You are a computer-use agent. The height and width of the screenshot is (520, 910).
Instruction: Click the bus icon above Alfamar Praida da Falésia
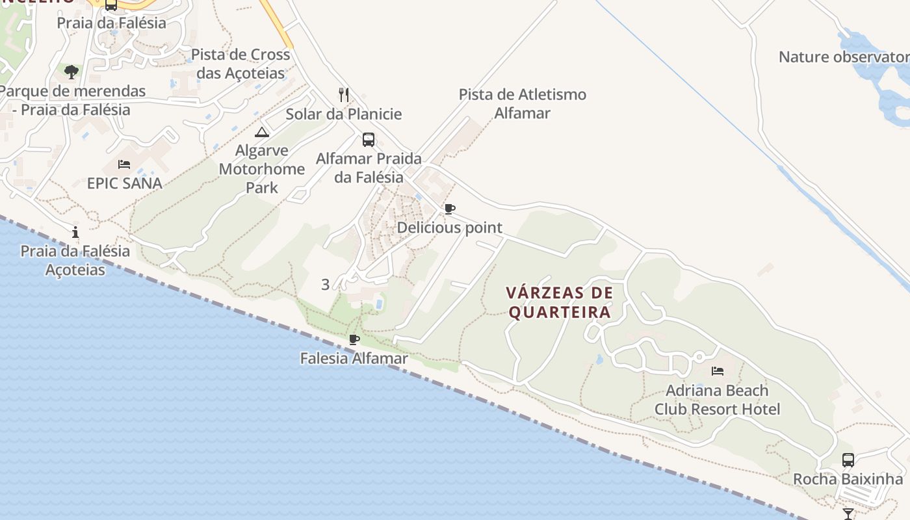(x=368, y=140)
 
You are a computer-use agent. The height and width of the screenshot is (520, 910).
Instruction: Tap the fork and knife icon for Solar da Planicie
(x=344, y=95)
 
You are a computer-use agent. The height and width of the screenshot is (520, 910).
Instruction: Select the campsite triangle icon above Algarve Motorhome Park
(x=262, y=133)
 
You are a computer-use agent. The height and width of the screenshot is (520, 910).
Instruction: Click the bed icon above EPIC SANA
(x=124, y=164)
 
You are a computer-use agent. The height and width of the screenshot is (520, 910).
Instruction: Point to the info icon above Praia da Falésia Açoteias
(x=76, y=232)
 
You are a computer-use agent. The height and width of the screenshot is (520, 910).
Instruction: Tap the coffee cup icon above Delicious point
(x=449, y=209)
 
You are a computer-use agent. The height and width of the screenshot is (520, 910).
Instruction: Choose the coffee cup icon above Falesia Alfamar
(x=354, y=339)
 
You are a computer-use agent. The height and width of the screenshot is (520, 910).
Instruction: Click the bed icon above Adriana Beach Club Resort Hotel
(x=718, y=371)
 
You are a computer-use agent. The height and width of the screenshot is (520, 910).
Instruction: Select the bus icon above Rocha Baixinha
(x=848, y=460)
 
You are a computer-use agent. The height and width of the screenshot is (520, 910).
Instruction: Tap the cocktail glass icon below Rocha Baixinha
(x=848, y=513)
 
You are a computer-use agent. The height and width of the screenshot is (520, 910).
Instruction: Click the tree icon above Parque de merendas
(x=71, y=71)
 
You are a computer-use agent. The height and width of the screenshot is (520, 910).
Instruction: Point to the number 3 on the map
(x=326, y=284)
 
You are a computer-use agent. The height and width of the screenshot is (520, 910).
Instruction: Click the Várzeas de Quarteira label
(x=560, y=303)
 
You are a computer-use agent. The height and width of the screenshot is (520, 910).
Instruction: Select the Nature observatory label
(x=844, y=57)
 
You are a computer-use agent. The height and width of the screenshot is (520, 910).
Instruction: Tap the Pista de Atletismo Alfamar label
(x=523, y=104)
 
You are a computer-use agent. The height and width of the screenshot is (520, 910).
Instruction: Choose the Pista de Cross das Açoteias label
(x=240, y=64)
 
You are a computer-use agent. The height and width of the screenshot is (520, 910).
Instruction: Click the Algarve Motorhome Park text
(x=262, y=169)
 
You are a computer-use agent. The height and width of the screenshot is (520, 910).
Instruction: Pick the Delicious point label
(x=450, y=227)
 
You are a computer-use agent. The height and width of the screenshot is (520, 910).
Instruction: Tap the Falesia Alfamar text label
(x=354, y=358)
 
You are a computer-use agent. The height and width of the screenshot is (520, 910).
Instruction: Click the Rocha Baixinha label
(x=848, y=479)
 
